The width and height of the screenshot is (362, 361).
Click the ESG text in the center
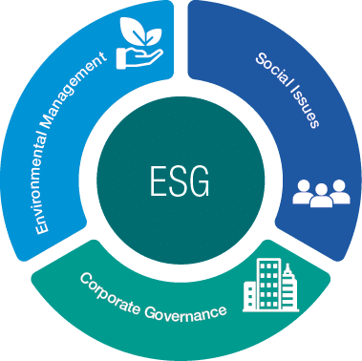(x=181, y=180)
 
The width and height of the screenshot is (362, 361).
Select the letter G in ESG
(x=202, y=180)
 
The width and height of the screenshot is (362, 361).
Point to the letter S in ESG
(x=180, y=180)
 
